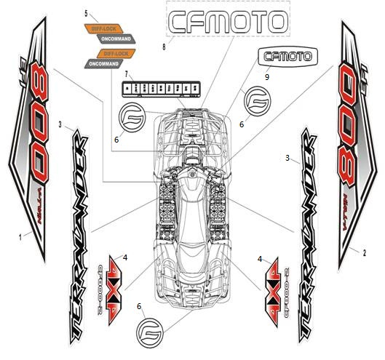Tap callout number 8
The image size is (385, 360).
coord(164,47)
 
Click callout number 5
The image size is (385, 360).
coord(87,14)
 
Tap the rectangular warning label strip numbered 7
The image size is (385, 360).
coord(162,89)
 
